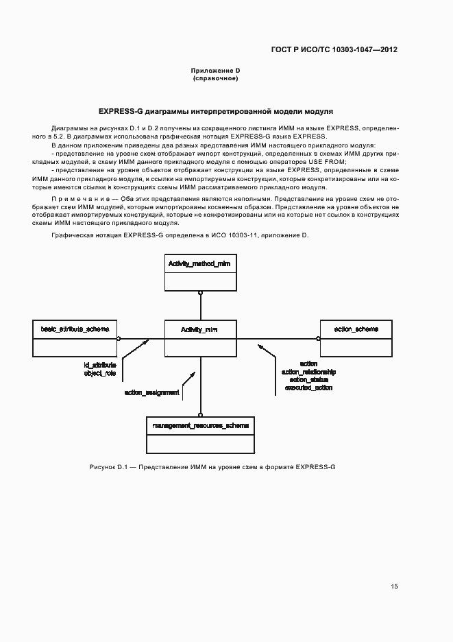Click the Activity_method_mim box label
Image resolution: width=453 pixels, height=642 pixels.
(x=200, y=263)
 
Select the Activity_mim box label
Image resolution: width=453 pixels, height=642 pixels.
(x=200, y=330)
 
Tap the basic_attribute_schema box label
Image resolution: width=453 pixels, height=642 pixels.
(x=75, y=330)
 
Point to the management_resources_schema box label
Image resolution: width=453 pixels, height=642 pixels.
(x=200, y=426)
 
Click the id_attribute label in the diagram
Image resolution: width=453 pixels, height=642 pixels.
(x=100, y=365)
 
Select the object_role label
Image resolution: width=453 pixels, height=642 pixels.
(x=100, y=373)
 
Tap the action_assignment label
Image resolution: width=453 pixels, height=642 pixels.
(x=152, y=393)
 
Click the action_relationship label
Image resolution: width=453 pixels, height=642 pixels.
(x=308, y=372)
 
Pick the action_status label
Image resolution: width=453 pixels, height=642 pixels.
(x=308, y=379)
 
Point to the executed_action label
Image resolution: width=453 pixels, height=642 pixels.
(x=308, y=388)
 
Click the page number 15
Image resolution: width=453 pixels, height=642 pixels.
(x=394, y=586)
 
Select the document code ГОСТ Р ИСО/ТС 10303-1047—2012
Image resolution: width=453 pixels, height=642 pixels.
(x=334, y=50)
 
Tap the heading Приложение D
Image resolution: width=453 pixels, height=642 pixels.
(x=215, y=71)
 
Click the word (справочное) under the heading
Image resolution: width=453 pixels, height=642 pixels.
(x=215, y=79)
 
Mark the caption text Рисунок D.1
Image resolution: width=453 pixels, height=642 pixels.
(x=109, y=467)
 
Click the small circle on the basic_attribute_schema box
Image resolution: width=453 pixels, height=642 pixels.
(x=119, y=338)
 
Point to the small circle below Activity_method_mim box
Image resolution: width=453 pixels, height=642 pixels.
(x=200, y=293)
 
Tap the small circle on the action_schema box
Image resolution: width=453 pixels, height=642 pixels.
(x=317, y=338)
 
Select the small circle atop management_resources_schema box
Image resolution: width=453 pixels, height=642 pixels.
(x=200, y=414)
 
